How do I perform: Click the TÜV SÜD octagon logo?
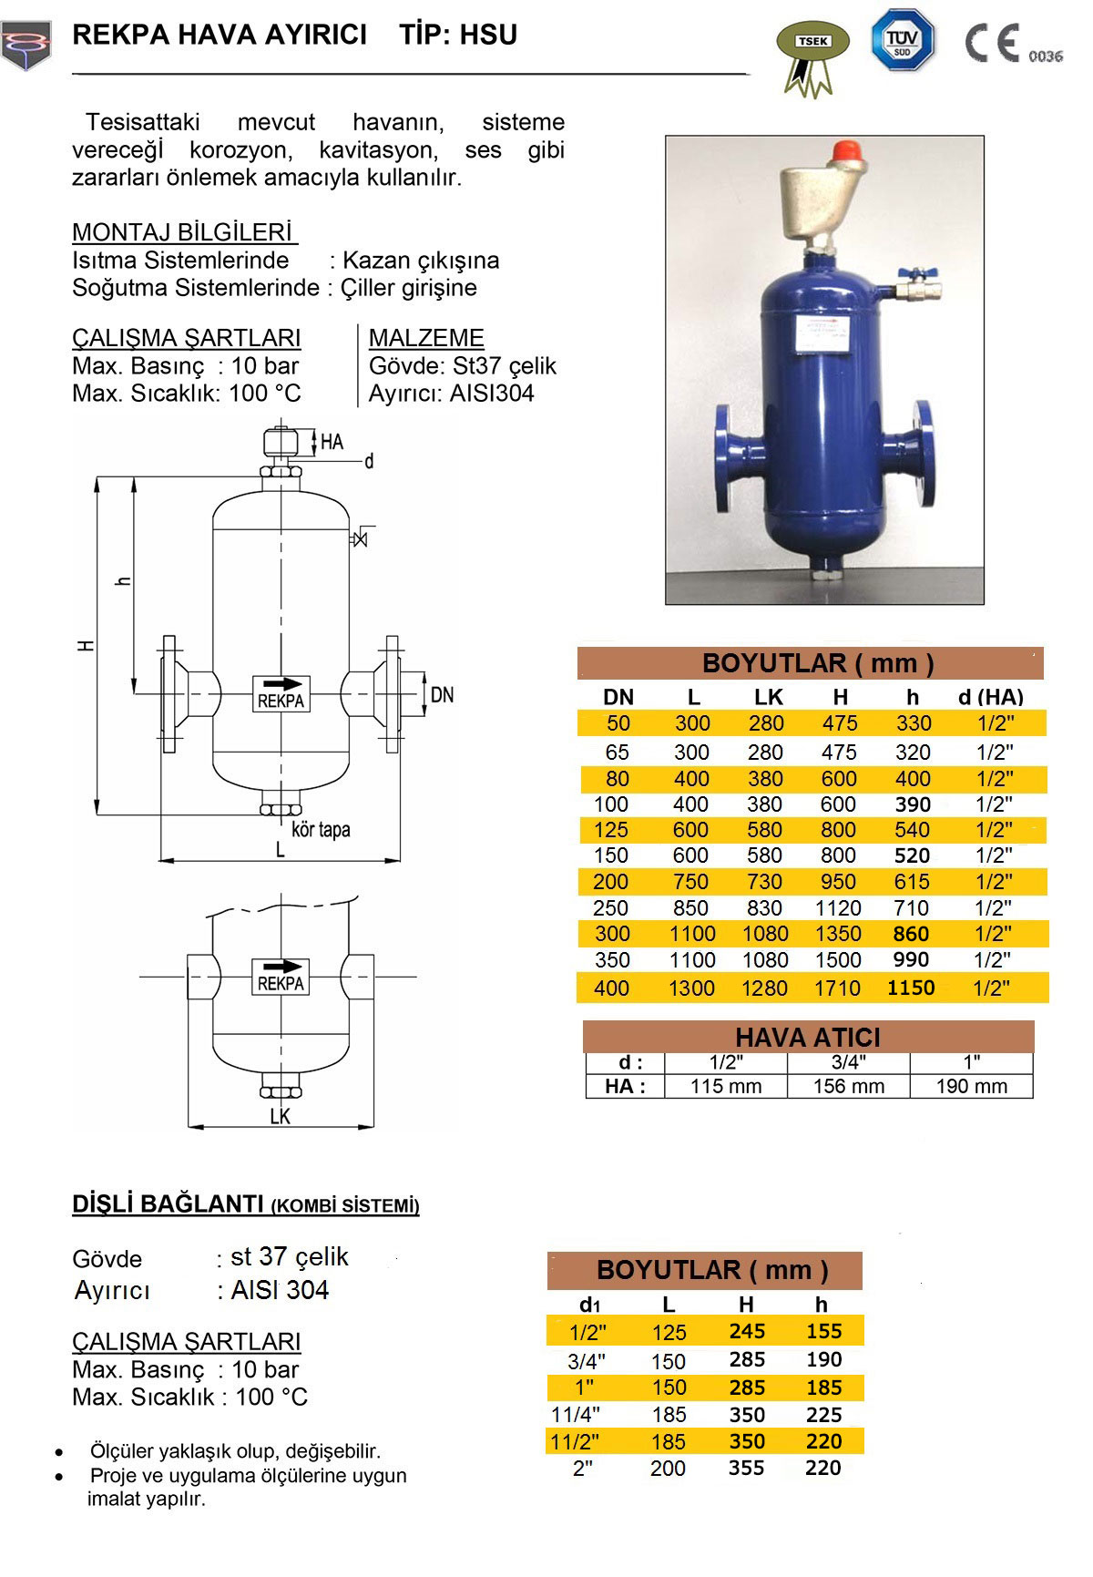(902, 40)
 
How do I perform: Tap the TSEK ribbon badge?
(812, 55)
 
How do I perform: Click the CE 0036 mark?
(1012, 45)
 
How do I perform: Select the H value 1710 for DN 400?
(837, 988)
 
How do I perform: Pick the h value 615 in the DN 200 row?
(911, 882)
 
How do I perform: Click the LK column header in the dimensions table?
(768, 697)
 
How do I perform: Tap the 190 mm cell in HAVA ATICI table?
(971, 1086)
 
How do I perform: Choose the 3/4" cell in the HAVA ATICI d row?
(848, 1062)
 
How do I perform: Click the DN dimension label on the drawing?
(442, 696)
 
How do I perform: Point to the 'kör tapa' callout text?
(321, 830)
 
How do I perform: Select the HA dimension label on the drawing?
(332, 442)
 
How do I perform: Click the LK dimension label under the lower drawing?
(280, 1117)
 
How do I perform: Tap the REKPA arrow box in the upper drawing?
(281, 693)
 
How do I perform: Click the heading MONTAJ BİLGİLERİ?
(183, 232)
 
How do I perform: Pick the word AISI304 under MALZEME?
(492, 394)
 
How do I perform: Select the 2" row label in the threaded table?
(583, 1469)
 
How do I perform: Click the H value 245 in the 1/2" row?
(747, 1332)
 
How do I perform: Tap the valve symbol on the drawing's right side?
(360, 538)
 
